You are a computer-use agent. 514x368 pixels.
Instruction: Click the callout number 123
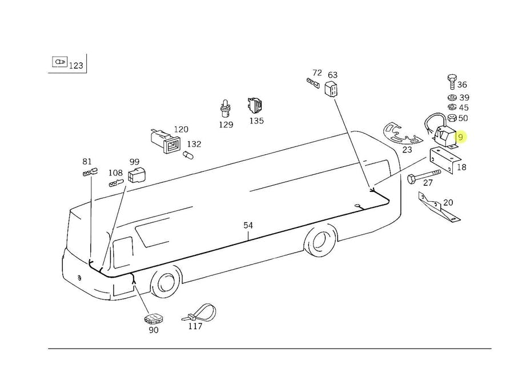[x=76, y=66]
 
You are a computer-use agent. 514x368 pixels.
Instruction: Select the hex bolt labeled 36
[x=451, y=81]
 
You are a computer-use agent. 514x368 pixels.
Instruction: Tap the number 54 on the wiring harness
[x=248, y=225]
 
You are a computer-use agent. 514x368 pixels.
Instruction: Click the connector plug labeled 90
[x=152, y=318]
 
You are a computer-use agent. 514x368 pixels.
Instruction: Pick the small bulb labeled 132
[x=187, y=154]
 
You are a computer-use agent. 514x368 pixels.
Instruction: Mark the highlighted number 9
[x=460, y=137]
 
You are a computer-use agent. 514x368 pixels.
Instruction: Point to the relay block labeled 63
[x=332, y=89]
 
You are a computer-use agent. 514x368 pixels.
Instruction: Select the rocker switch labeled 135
[x=255, y=106]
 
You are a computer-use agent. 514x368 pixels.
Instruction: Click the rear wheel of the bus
[x=319, y=242]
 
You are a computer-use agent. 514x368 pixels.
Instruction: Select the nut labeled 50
[x=451, y=118]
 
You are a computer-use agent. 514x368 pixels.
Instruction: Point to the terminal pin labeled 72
[x=312, y=83]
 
